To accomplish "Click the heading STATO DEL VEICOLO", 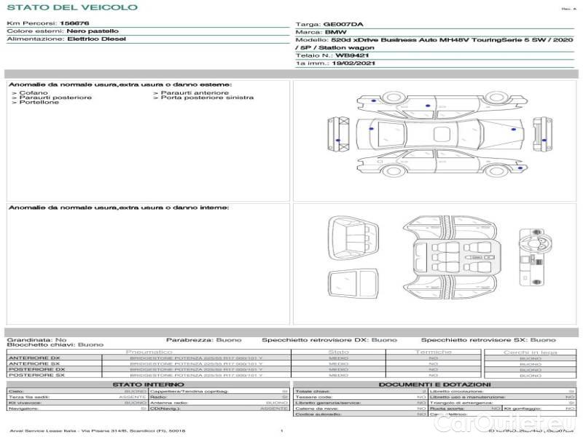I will (x=71, y=7).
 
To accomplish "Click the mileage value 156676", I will (x=74, y=24).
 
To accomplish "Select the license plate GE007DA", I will (x=343, y=24).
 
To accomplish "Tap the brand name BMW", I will (x=335, y=32).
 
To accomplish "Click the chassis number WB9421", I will (x=351, y=55).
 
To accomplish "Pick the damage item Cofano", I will (x=34, y=92).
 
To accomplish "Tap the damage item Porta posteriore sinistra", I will (x=207, y=98).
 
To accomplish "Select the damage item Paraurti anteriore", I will (x=195, y=92).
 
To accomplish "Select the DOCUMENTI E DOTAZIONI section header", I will (x=434, y=384).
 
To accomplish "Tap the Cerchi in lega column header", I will (x=530, y=352).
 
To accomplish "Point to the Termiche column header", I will (x=433, y=352).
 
